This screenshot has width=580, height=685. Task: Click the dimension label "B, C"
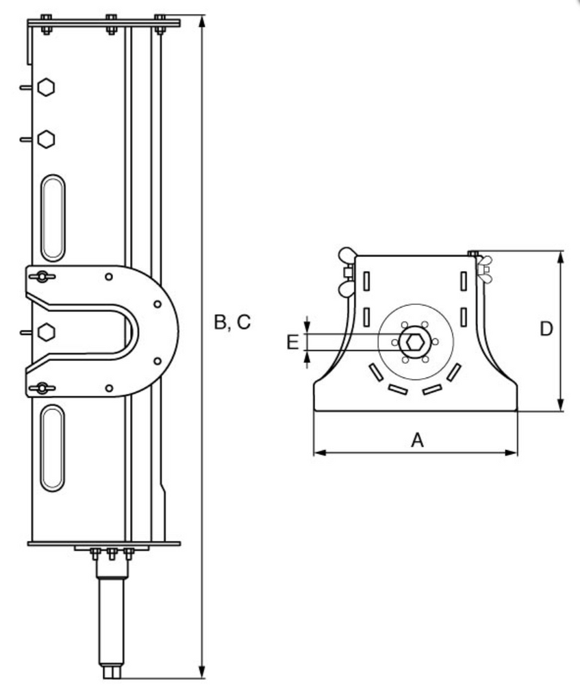(x=232, y=322)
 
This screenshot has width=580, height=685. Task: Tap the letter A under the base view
(x=417, y=440)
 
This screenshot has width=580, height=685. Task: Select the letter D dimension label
(x=546, y=329)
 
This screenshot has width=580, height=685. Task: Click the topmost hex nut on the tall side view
(x=46, y=88)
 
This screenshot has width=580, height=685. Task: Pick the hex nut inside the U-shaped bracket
(x=46, y=332)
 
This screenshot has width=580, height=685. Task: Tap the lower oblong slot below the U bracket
(x=53, y=447)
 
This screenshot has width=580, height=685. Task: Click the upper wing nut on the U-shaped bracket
(x=42, y=277)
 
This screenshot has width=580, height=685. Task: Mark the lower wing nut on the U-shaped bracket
(x=42, y=388)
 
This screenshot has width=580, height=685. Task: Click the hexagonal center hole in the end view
(x=414, y=341)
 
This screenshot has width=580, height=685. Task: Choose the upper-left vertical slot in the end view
(x=366, y=281)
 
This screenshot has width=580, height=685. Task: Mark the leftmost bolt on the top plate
(x=45, y=23)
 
